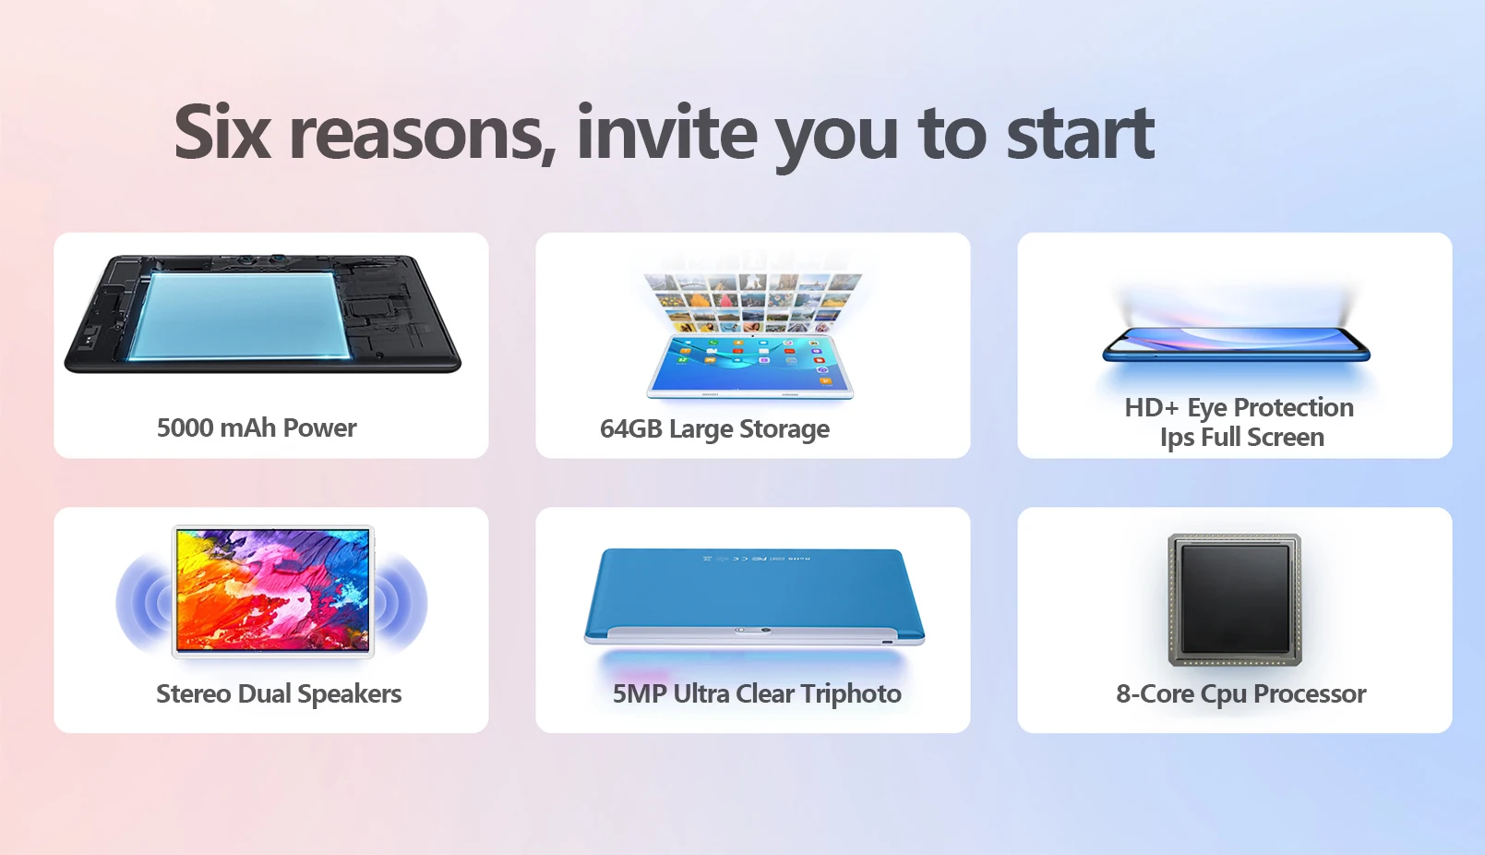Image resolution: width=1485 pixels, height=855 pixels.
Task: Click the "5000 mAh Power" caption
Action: [257, 427]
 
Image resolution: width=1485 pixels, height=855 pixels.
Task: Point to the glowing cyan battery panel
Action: [240, 317]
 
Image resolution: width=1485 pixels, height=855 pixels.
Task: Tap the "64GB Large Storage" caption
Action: [714, 429]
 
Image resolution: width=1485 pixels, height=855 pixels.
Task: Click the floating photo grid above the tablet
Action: [752, 303]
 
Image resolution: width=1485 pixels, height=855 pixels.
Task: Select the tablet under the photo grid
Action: [750, 367]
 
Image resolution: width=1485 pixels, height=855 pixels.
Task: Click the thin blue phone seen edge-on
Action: [1236, 344]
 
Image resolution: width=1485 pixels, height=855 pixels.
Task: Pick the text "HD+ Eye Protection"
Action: [1239, 408]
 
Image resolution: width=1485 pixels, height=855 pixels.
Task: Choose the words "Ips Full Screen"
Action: [1241, 438]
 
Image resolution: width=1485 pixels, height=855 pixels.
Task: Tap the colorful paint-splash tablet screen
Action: [272, 590]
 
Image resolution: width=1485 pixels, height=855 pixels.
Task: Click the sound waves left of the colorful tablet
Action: [143, 603]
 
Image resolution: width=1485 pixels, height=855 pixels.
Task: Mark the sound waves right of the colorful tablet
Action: [401, 603]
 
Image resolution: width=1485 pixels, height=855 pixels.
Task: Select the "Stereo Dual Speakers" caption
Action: [279, 693]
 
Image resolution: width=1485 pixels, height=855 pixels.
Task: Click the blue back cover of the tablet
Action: [754, 587]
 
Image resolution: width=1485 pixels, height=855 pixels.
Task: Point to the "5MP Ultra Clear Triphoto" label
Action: [757, 693]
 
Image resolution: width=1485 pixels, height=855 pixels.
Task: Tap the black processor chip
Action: [1235, 599]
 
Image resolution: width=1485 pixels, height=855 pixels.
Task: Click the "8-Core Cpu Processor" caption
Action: [1240, 693]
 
